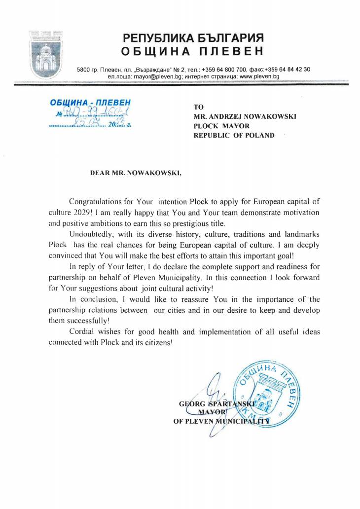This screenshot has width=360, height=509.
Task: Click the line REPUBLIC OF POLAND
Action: (x=234, y=135)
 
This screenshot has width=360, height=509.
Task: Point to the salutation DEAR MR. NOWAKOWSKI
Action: (x=136, y=174)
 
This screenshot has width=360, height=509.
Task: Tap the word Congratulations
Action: (x=96, y=202)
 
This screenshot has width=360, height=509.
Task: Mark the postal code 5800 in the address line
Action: (x=83, y=70)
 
